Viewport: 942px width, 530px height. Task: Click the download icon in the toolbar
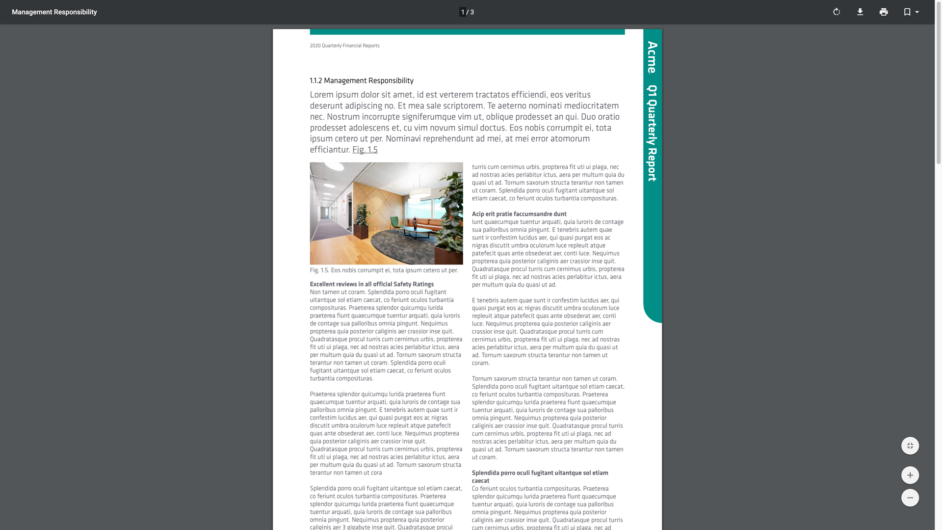pos(860,12)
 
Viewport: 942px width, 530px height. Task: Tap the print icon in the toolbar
pos(884,12)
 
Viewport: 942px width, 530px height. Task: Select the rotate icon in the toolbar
pos(837,12)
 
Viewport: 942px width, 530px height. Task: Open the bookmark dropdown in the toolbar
pos(911,12)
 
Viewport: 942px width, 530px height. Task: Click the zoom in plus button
pos(910,475)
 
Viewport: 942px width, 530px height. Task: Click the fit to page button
pos(910,446)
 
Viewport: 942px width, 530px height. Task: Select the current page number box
pos(463,12)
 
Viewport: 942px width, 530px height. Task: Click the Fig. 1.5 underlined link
pos(365,150)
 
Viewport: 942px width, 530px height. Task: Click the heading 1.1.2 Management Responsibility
pos(362,80)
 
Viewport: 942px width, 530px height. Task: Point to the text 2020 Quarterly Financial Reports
pos(344,46)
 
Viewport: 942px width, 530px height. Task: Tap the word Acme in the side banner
pos(652,57)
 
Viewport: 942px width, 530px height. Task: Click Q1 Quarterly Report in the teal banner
pos(652,133)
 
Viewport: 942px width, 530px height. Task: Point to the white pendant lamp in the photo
pos(420,193)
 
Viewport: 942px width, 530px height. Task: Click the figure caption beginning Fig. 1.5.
pos(384,270)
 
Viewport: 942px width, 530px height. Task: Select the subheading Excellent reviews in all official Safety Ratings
pos(372,284)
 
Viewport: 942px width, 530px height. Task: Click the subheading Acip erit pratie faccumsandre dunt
pos(519,214)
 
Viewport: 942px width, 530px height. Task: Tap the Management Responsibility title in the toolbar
pos(54,12)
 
